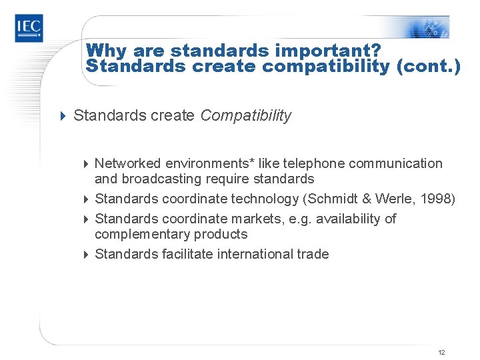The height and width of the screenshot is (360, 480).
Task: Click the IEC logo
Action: (29, 28)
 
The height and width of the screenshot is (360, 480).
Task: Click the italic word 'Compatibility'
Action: (246, 115)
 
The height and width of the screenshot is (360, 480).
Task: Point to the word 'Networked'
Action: (128, 163)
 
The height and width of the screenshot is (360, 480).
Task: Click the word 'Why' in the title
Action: (105, 50)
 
